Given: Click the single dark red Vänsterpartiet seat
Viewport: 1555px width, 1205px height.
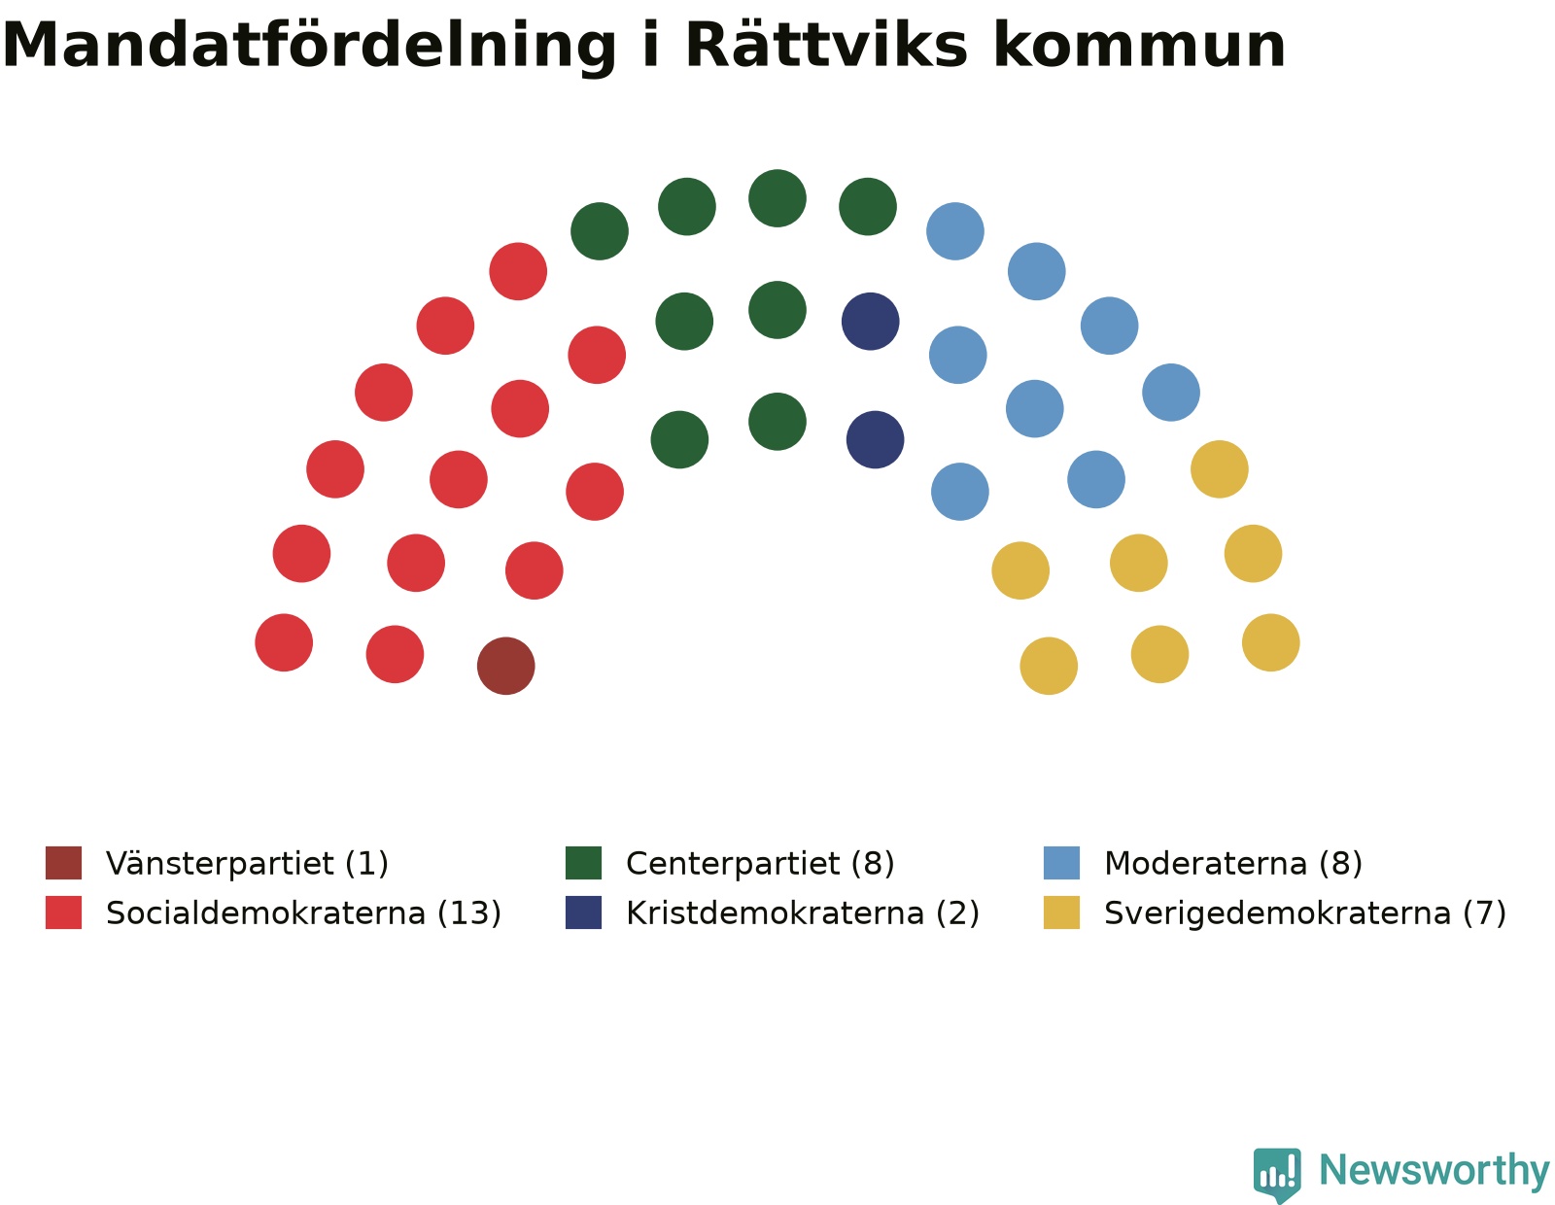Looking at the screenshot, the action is tap(506, 666).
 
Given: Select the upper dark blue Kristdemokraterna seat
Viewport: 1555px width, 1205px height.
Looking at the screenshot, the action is tap(870, 322).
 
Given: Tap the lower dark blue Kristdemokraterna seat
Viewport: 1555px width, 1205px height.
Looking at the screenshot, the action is tap(876, 439).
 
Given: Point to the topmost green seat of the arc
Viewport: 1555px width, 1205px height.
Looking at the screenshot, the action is tap(777, 198).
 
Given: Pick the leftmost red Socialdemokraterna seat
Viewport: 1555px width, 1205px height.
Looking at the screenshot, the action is tap(284, 642).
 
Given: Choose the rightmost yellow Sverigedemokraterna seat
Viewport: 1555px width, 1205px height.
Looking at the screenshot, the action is tap(1271, 642).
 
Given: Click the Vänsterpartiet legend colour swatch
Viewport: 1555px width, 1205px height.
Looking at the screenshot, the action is tap(64, 863).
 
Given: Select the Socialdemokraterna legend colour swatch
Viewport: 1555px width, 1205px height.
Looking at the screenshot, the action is tap(64, 912).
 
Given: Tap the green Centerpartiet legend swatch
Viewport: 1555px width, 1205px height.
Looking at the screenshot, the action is tap(583, 863).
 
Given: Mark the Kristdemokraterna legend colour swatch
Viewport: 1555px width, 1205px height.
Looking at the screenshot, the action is tap(583, 912).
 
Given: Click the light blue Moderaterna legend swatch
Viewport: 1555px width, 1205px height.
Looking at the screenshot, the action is tap(1061, 863).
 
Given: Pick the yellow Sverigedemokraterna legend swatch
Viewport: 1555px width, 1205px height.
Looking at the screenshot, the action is tap(1061, 912).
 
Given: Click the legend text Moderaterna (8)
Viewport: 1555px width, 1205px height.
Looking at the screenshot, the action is tap(1233, 864).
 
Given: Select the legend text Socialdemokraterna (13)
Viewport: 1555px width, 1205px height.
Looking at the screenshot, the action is tap(303, 913).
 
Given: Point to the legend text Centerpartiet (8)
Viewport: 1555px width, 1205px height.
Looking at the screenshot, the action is tap(760, 864).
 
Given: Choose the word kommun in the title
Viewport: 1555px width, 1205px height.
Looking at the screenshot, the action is tap(1140, 45).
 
